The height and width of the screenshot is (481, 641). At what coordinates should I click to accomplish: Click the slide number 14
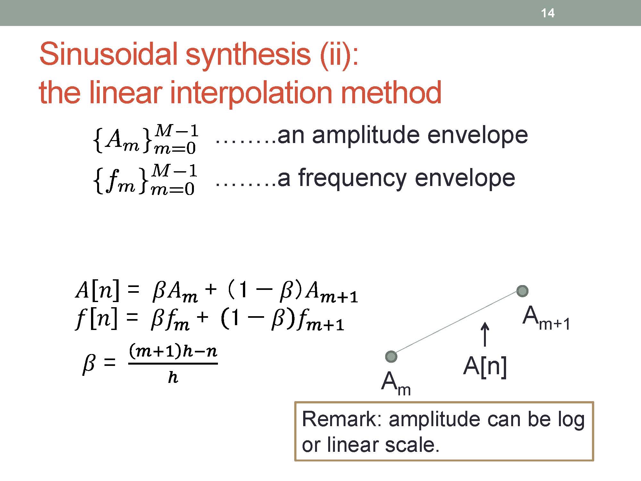[548, 13]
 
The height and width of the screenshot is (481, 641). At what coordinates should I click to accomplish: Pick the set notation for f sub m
[145, 180]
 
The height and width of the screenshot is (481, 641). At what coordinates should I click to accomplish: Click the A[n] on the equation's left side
[97, 290]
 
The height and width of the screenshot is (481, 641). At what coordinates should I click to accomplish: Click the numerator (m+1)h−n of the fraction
[173, 351]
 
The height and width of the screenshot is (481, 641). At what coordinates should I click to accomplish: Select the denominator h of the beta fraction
[173, 377]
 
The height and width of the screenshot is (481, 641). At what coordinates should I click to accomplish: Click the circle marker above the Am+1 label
[522, 291]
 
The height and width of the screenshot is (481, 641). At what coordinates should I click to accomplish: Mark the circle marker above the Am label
[391, 356]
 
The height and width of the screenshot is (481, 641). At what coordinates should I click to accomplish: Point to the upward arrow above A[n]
[485, 334]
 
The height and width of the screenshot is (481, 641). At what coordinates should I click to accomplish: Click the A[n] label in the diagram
[485, 366]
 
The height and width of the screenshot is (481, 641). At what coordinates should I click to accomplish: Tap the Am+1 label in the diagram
[546, 317]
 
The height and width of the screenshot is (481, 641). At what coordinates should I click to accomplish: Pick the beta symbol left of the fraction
[88, 364]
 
